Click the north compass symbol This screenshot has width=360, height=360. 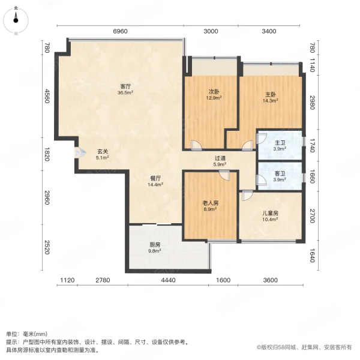16,20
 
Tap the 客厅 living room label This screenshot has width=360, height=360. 125,86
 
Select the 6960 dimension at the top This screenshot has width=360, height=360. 121,31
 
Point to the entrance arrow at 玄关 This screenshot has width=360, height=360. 80,152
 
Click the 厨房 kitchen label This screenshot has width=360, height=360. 155,245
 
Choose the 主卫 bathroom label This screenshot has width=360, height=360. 280,143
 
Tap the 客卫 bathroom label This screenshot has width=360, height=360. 280,174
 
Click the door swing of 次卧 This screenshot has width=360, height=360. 196,145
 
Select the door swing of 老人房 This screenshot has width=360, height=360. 224,175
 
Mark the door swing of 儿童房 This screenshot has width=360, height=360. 247,196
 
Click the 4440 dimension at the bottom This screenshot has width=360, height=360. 168,280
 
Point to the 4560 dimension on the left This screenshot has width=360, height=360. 47,96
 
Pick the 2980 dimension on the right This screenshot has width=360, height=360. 312,103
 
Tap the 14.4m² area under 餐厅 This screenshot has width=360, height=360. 155,184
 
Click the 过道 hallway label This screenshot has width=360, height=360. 220,158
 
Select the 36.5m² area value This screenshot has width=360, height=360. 125,92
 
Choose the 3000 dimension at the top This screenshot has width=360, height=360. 211,31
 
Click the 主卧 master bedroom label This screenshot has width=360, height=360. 271,94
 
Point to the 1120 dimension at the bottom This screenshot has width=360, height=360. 67,280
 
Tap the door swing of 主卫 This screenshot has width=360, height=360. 261,139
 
